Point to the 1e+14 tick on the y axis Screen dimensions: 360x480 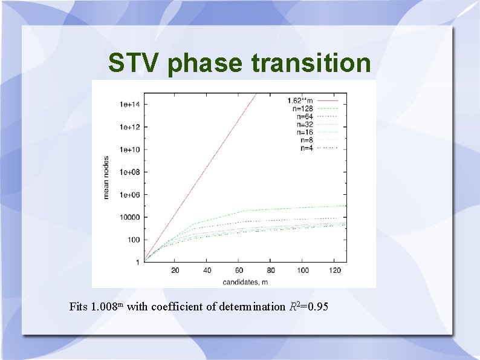[x=129, y=104]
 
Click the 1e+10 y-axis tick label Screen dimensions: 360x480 [x=129, y=149]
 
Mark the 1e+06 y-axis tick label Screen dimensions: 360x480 [x=129, y=195]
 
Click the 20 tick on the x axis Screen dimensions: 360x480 [x=175, y=270]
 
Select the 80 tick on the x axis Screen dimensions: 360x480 [x=271, y=270]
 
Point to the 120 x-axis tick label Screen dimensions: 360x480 [x=335, y=270]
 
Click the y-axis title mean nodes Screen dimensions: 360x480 [x=106, y=175]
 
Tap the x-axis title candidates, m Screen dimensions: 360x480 [x=245, y=281]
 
